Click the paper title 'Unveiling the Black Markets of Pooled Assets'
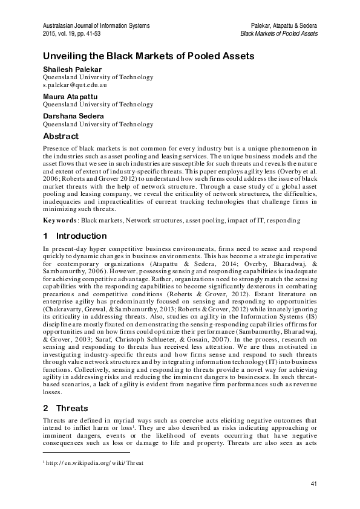click(x=148, y=56)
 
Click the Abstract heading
click(x=64, y=137)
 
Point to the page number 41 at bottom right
click(x=313, y=484)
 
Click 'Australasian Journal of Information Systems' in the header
click(x=96, y=25)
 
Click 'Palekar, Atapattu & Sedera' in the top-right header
click(x=284, y=25)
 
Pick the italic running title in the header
click(x=279, y=33)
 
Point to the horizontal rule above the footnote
click(x=86, y=452)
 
